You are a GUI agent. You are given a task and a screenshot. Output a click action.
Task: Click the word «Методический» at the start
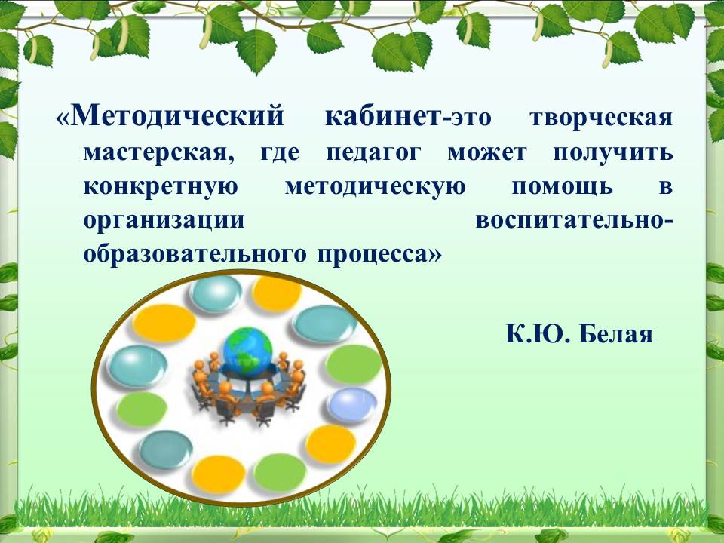click(x=170, y=115)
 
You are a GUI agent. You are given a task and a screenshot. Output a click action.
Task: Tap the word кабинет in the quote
click(x=383, y=116)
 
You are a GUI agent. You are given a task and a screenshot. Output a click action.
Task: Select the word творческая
click(x=601, y=118)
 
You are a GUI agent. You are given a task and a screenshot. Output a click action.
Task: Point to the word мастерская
click(x=159, y=152)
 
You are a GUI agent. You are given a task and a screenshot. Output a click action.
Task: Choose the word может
click(x=487, y=152)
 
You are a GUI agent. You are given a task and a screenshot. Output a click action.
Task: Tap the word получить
click(x=613, y=153)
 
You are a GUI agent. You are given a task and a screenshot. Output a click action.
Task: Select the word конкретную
click(x=161, y=188)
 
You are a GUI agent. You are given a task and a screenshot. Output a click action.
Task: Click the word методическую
click(x=375, y=188)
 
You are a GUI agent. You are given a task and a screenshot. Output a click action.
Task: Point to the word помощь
click(x=563, y=188)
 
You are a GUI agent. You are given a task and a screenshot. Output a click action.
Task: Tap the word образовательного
click(x=195, y=254)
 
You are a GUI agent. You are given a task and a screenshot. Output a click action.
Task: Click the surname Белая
click(x=615, y=334)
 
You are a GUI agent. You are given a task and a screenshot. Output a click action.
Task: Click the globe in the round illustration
click(x=247, y=351)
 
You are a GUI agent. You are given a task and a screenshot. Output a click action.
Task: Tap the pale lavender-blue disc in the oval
click(x=352, y=405)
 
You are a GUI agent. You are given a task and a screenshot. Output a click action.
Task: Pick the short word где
click(x=281, y=153)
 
